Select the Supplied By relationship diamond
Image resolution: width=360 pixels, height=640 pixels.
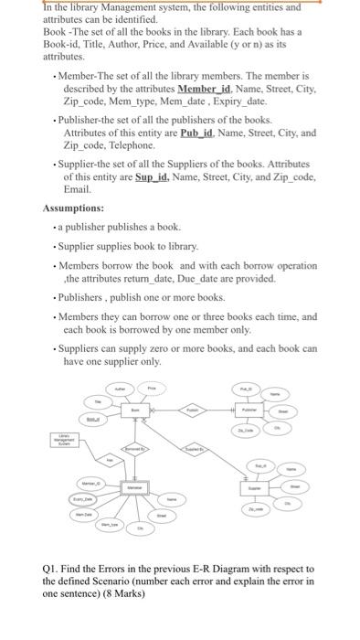(x=195, y=450)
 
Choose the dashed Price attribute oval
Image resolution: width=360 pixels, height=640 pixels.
(x=154, y=389)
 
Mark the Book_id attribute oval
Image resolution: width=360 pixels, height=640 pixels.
(x=92, y=420)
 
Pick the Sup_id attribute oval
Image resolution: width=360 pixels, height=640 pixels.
(x=259, y=466)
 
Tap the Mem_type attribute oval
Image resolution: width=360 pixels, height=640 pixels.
(x=111, y=524)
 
